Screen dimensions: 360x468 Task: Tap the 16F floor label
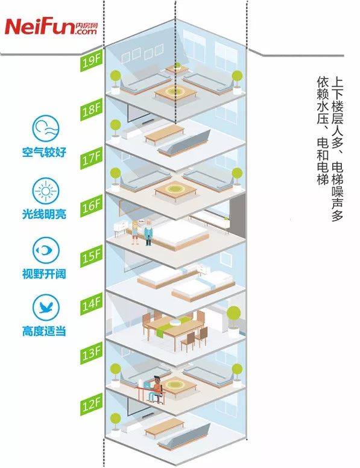[x=91, y=206]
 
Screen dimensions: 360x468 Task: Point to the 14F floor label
[x=91, y=304]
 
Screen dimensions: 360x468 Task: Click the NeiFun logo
[x=51, y=27]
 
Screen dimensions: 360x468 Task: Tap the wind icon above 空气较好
[x=45, y=128]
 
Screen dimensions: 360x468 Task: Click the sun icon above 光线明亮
[x=45, y=191]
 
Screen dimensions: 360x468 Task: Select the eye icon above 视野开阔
[x=45, y=250]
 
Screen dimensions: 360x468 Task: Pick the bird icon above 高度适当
[x=45, y=308]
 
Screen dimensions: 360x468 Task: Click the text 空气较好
[x=44, y=152]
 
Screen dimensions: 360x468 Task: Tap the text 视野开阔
[x=44, y=274]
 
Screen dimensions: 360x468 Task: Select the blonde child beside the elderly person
[x=135, y=233]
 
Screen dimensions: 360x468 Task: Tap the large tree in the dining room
[x=233, y=320]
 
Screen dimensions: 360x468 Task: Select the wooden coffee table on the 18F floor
[x=165, y=134]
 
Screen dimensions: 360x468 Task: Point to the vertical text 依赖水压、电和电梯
[x=323, y=130]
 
